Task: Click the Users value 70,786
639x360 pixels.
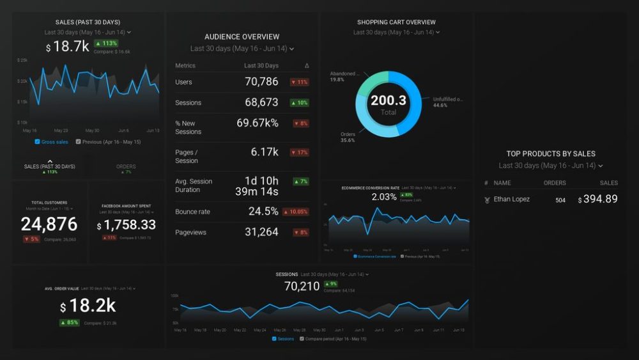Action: [x=261, y=82]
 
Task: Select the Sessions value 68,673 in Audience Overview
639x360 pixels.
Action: [x=261, y=102]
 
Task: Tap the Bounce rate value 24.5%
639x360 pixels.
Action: [x=263, y=212]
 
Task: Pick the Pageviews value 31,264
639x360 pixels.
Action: [x=261, y=232]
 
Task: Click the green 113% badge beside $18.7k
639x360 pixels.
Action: [x=105, y=43]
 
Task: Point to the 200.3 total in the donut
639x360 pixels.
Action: [x=388, y=100]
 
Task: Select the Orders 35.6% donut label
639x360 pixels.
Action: [x=348, y=137]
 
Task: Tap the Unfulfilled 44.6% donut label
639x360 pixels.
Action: [x=448, y=102]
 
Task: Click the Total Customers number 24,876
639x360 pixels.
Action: [x=49, y=224]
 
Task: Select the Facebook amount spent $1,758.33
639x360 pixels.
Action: [x=126, y=225]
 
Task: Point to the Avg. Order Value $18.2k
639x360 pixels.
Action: [x=88, y=306]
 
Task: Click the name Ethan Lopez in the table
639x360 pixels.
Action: [x=511, y=200]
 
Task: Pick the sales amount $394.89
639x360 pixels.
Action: [x=598, y=200]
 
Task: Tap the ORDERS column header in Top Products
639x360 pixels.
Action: [x=555, y=183]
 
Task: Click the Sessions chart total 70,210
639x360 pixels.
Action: [x=302, y=286]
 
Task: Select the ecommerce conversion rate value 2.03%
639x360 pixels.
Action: [x=384, y=197]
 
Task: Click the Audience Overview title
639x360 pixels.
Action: [x=242, y=37]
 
